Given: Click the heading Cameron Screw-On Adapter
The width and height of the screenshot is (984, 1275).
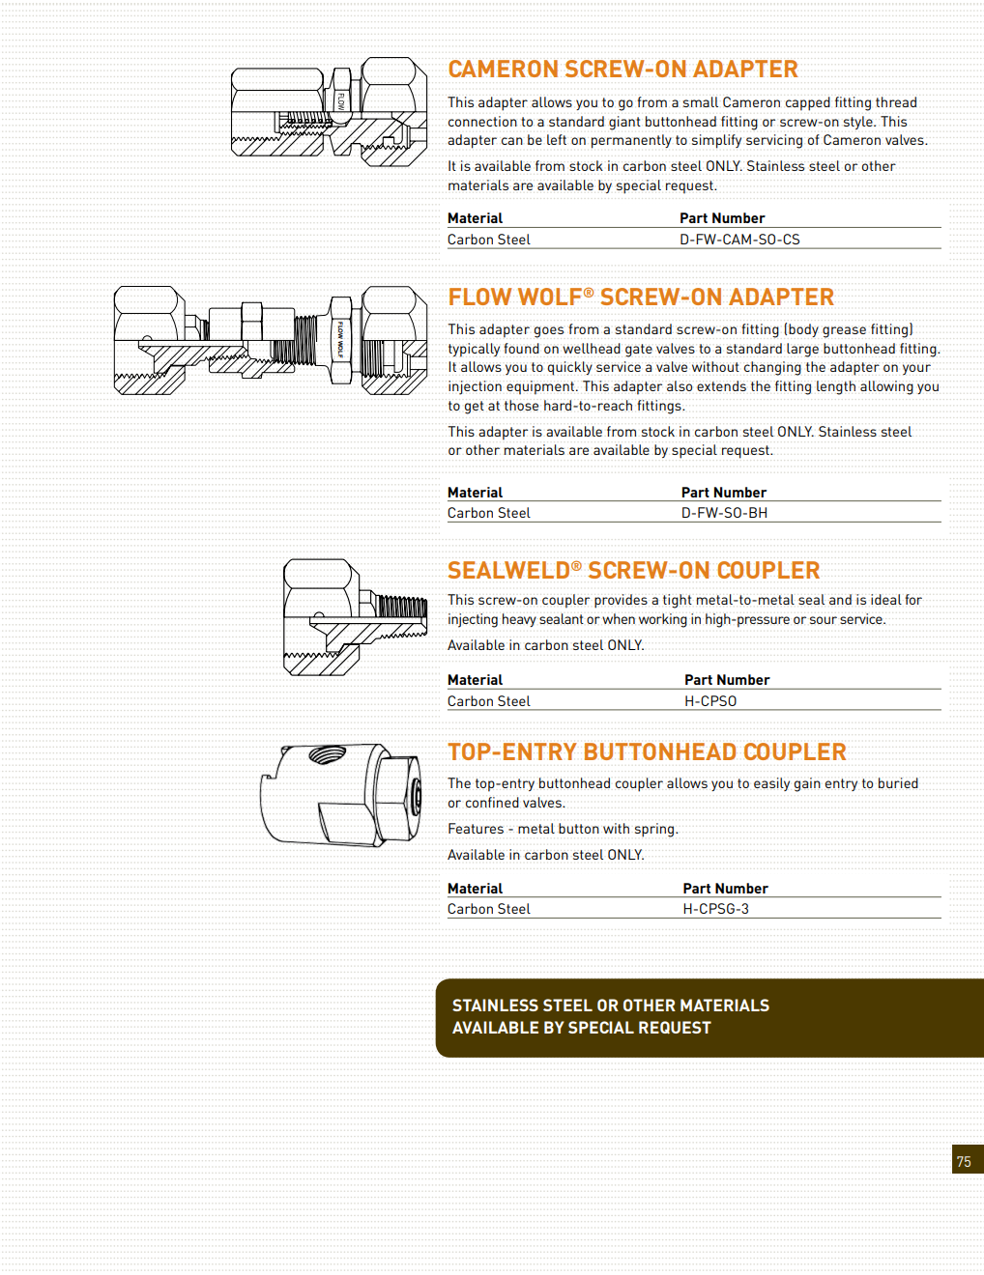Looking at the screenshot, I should click(x=622, y=70).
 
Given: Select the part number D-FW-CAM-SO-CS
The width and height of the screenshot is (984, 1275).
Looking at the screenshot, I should click(x=739, y=240).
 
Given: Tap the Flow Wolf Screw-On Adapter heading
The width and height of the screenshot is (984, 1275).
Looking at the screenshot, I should click(x=640, y=297).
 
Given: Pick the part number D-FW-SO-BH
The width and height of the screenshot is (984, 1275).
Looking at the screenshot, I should click(x=724, y=513).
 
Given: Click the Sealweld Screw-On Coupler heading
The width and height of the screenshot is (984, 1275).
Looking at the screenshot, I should click(x=633, y=571).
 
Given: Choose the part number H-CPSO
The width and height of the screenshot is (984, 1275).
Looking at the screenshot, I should click(x=710, y=701).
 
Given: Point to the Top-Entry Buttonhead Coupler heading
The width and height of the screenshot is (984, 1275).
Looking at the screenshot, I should click(x=647, y=752).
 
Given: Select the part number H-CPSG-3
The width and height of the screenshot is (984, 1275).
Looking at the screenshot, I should click(x=715, y=909).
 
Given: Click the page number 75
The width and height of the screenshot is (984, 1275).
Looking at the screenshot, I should click(x=964, y=1161).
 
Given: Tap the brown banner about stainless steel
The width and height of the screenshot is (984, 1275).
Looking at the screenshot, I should click(x=709, y=1017).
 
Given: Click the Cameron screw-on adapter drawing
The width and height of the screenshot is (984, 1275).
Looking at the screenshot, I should click(x=330, y=112).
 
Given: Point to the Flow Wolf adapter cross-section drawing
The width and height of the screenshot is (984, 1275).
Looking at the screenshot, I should click(x=271, y=340).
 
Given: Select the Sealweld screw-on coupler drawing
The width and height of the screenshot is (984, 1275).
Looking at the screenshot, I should click(x=355, y=616).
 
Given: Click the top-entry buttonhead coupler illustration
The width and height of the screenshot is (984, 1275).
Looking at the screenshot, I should click(x=341, y=794).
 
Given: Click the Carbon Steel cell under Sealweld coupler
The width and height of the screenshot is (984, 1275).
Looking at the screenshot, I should click(x=489, y=701).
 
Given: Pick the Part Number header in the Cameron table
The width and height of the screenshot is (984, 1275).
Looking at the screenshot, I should click(x=722, y=218).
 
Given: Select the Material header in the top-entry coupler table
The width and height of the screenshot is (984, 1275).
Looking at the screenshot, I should click(x=475, y=889).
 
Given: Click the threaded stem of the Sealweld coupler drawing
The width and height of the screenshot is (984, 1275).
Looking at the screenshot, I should click(x=401, y=607).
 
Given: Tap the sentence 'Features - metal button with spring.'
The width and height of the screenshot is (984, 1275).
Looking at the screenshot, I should click(x=563, y=829).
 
